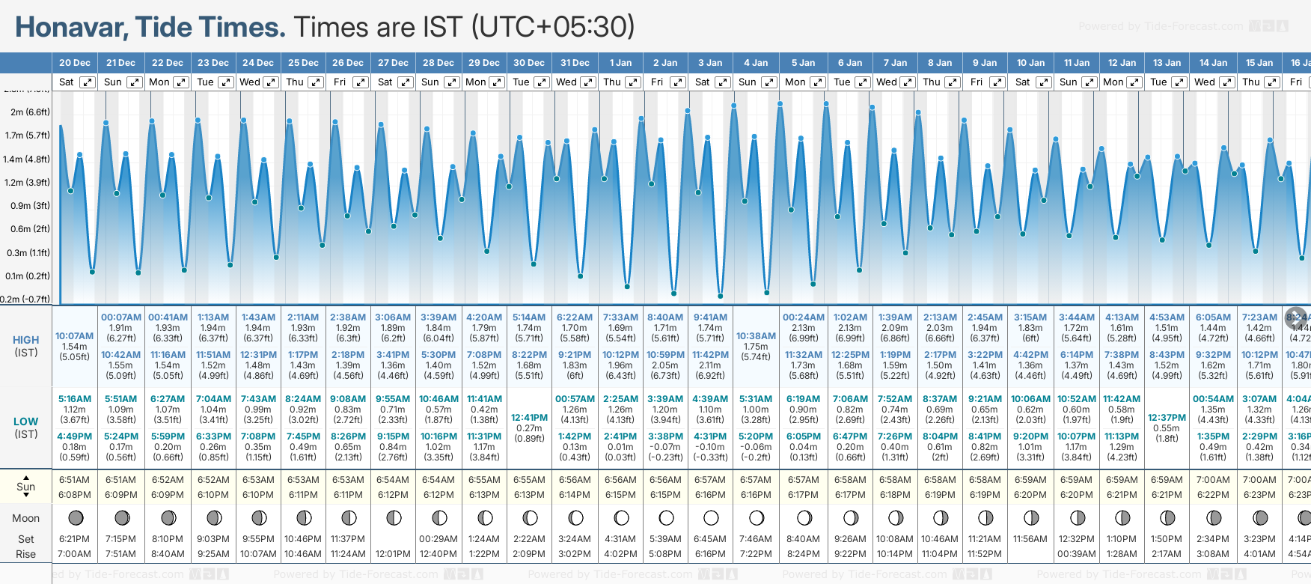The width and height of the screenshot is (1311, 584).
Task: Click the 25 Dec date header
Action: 303,63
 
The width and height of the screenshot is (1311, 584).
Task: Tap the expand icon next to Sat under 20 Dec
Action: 88,82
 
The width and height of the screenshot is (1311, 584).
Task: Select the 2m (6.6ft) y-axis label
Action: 30,112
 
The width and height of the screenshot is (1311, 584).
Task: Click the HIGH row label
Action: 26,340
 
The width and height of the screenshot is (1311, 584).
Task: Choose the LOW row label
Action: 26,422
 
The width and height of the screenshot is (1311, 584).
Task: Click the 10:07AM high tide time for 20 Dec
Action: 75,336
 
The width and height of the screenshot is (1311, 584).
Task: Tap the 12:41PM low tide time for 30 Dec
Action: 529,418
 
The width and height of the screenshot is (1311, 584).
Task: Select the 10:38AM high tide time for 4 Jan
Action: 756,336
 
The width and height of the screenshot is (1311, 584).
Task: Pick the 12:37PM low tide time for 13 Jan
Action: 1167,418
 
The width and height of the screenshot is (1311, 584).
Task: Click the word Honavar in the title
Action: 71,28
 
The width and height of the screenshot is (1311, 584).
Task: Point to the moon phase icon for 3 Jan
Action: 711,517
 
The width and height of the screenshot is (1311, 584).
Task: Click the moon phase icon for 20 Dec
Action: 75,517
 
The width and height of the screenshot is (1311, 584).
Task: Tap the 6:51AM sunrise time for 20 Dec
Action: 75,480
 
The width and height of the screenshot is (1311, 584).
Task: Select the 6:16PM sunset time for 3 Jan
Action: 710,495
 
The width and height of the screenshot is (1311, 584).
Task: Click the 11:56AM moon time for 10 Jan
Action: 1030,539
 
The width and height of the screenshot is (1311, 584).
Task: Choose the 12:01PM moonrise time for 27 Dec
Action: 393,554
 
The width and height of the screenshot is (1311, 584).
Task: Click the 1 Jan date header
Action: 620,63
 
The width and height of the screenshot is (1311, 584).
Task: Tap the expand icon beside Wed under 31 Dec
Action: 588,82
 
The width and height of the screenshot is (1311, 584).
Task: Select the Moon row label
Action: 26,518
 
